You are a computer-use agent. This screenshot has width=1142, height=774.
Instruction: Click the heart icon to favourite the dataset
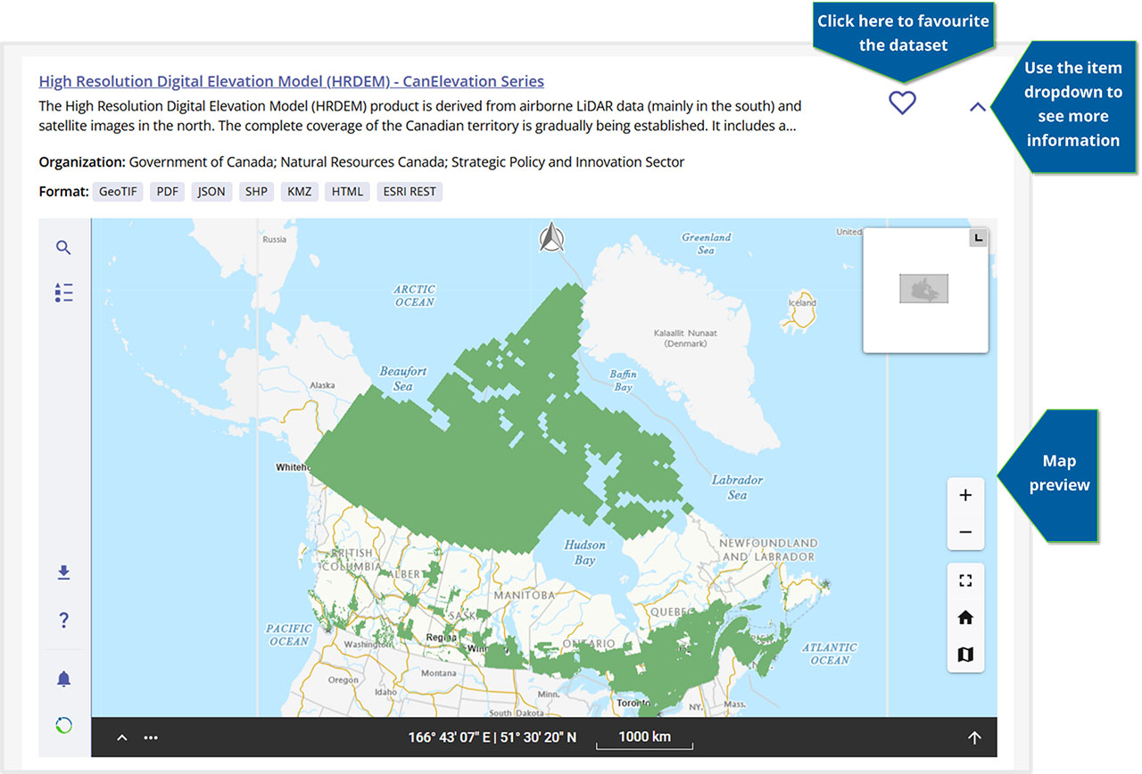pos(902,103)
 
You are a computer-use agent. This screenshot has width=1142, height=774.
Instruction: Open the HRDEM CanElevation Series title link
pos(291,81)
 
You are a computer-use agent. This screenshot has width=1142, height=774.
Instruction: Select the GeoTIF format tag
pos(118,192)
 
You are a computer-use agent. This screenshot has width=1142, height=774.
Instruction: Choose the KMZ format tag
pos(299,192)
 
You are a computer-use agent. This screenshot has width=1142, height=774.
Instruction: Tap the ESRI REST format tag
pos(410,192)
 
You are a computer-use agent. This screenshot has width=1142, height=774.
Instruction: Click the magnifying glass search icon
pos(63,248)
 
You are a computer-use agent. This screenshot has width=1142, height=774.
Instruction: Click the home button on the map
pos(964,618)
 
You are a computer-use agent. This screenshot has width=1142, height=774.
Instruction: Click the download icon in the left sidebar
pos(63,572)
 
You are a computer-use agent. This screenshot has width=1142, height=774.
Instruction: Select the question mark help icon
pos(63,621)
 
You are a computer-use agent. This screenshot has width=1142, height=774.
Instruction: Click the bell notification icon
pos(63,679)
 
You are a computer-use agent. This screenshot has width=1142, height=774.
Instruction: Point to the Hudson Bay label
pos(584,552)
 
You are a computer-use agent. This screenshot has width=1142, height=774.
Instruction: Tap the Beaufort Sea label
pos(403,378)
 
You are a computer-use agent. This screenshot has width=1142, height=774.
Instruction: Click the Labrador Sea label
pos(737,487)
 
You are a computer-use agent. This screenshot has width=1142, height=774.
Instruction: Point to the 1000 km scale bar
pos(644,738)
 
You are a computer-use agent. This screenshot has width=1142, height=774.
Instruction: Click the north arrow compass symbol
pos(552,238)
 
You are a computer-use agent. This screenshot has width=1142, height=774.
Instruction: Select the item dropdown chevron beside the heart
pos(978,107)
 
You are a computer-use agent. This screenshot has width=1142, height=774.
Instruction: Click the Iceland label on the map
pos(801,302)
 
